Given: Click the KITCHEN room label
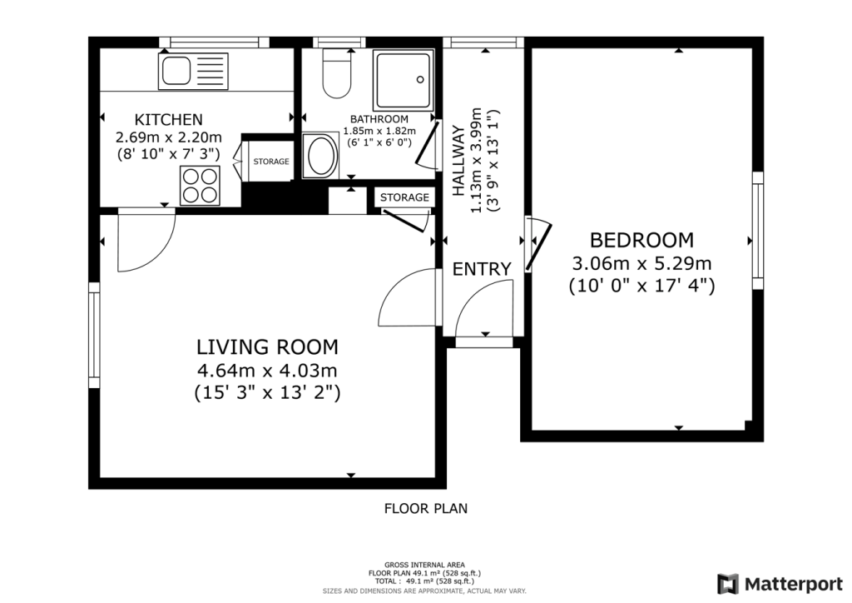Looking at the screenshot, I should pos(169,119).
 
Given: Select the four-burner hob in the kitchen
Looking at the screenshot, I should pos(199,184).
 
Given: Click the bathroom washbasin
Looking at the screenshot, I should pos(319,156).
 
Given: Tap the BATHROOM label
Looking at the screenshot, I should pos(379,119).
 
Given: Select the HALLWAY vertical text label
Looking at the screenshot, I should pos(458,161).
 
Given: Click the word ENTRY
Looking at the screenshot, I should pos(481,269).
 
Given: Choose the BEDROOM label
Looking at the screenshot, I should pos(641,241).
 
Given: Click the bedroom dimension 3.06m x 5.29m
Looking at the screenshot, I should pos(641,264).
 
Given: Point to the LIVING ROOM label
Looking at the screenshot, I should pos(267,346).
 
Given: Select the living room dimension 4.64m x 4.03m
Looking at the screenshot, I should pos(267,370).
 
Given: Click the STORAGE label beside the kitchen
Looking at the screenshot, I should pos(271,162).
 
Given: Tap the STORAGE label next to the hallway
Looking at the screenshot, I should pos(404,197).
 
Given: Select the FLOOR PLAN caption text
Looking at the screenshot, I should pos(425,507).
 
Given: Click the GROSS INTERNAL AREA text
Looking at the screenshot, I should pos(425,565).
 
